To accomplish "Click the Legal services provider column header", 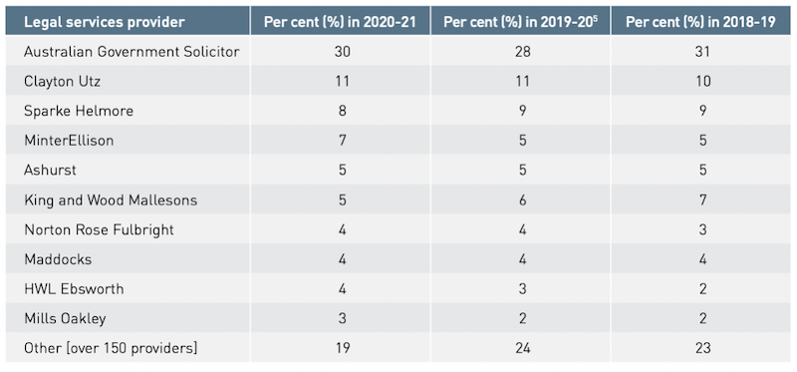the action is click(x=105, y=22).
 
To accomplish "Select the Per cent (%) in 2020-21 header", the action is click(x=340, y=22).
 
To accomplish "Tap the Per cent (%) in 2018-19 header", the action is click(x=700, y=22).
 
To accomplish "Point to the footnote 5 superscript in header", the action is click(x=595, y=18).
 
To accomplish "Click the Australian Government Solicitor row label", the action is click(x=132, y=52).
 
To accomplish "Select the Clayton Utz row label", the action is click(x=62, y=82).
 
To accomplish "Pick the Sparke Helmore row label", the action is click(x=79, y=111).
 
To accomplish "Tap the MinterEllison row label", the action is click(x=69, y=141).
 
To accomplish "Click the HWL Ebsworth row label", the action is click(x=74, y=289).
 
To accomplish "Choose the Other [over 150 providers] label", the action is click(x=111, y=349).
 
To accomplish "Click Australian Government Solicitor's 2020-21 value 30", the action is click(x=342, y=52).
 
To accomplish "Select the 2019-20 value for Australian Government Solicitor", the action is click(x=522, y=52).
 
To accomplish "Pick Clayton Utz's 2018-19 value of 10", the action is click(x=703, y=82).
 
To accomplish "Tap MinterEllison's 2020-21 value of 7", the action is click(x=342, y=141).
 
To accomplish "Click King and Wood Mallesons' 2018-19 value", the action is click(x=703, y=200).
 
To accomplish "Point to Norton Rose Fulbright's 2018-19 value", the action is click(x=703, y=229).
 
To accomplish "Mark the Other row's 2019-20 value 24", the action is click(x=522, y=349).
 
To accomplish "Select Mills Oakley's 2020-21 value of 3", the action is click(x=342, y=319).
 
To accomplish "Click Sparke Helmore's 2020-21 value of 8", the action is click(x=342, y=111).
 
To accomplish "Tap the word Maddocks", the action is click(x=58, y=259).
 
